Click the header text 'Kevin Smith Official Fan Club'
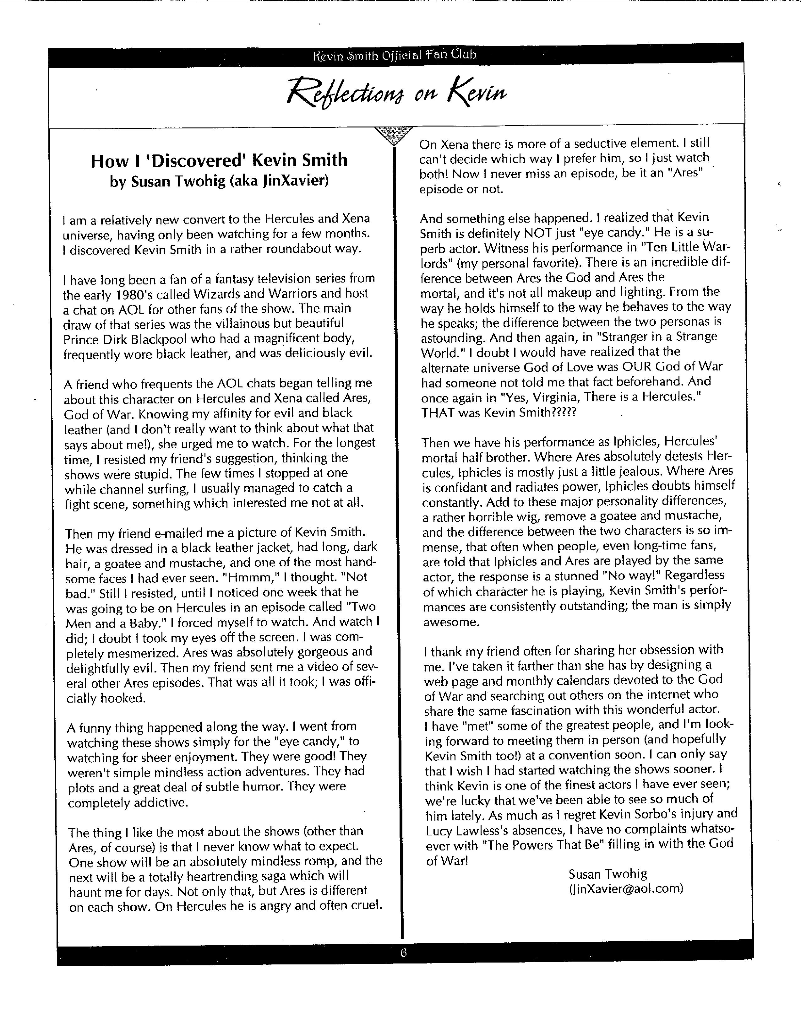pyautogui.click(x=395, y=56)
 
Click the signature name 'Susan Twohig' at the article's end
pyautogui.click(x=608, y=874)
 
